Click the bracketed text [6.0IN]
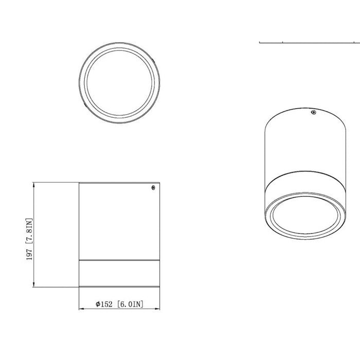(x=130, y=304)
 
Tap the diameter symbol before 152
(x=98, y=304)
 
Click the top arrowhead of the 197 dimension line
(x=34, y=184)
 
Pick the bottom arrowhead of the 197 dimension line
(x=34, y=284)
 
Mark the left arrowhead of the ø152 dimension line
(x=81, y=309)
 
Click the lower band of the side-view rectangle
(x=118, y=273)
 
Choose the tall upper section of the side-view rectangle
(x=118, y=221)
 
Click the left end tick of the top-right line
(x=260, y=42)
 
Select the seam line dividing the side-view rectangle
(x=118, y=261)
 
